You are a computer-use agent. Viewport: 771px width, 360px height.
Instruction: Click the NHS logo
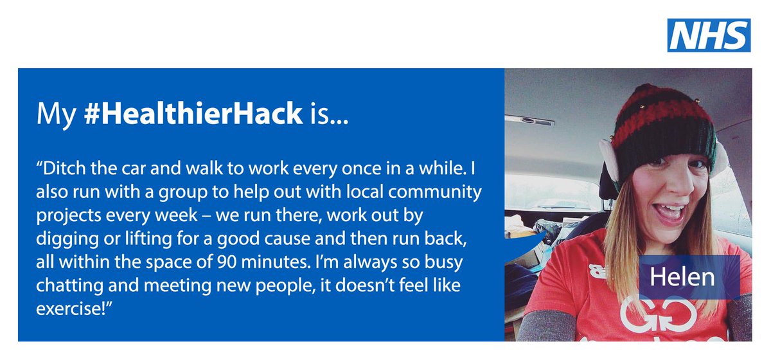point(709,35)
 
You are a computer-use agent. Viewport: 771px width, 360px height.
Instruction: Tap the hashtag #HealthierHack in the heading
point(193,114)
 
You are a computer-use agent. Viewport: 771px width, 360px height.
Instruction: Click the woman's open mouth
point(668,212)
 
